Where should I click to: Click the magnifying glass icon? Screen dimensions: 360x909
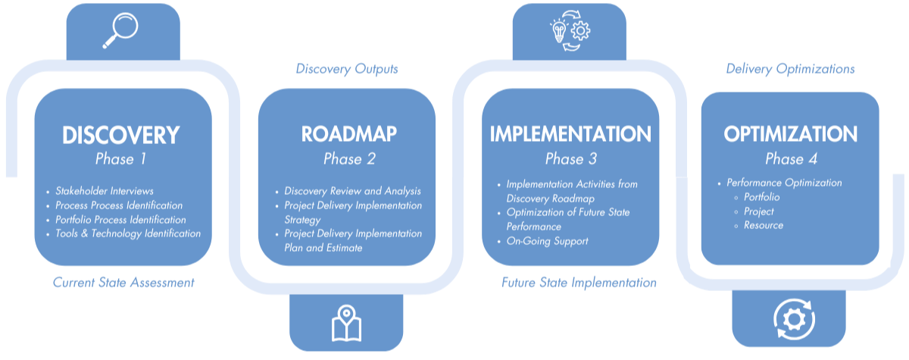tap(122, 30)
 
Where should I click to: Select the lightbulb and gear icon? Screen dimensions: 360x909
tap(568, 31)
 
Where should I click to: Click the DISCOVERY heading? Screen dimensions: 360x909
tap(121, 136)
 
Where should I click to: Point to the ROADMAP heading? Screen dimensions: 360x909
tap(348, 134)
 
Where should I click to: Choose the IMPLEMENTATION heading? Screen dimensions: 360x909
tap(570, 134)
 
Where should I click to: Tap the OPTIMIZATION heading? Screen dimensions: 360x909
tap(790, 134)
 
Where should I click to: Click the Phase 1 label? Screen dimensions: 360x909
tap(120, 159)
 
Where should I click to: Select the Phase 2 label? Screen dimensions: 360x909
tap(348, 159)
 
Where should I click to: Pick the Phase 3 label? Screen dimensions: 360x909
tap(570, 159)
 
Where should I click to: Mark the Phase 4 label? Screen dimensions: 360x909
tap(790, 159)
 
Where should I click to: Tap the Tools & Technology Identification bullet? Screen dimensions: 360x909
tap(128, 233)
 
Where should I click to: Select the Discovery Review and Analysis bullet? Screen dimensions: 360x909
tap(352, 191)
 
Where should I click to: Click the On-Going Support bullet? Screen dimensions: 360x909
tap(547, 241)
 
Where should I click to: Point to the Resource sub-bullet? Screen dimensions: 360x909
tap(763, 225)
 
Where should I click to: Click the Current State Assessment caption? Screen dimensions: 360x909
tap(123, 283)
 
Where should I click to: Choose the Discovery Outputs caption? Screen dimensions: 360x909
tap(347, 69)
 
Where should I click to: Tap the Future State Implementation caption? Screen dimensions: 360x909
tap(579, 283)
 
